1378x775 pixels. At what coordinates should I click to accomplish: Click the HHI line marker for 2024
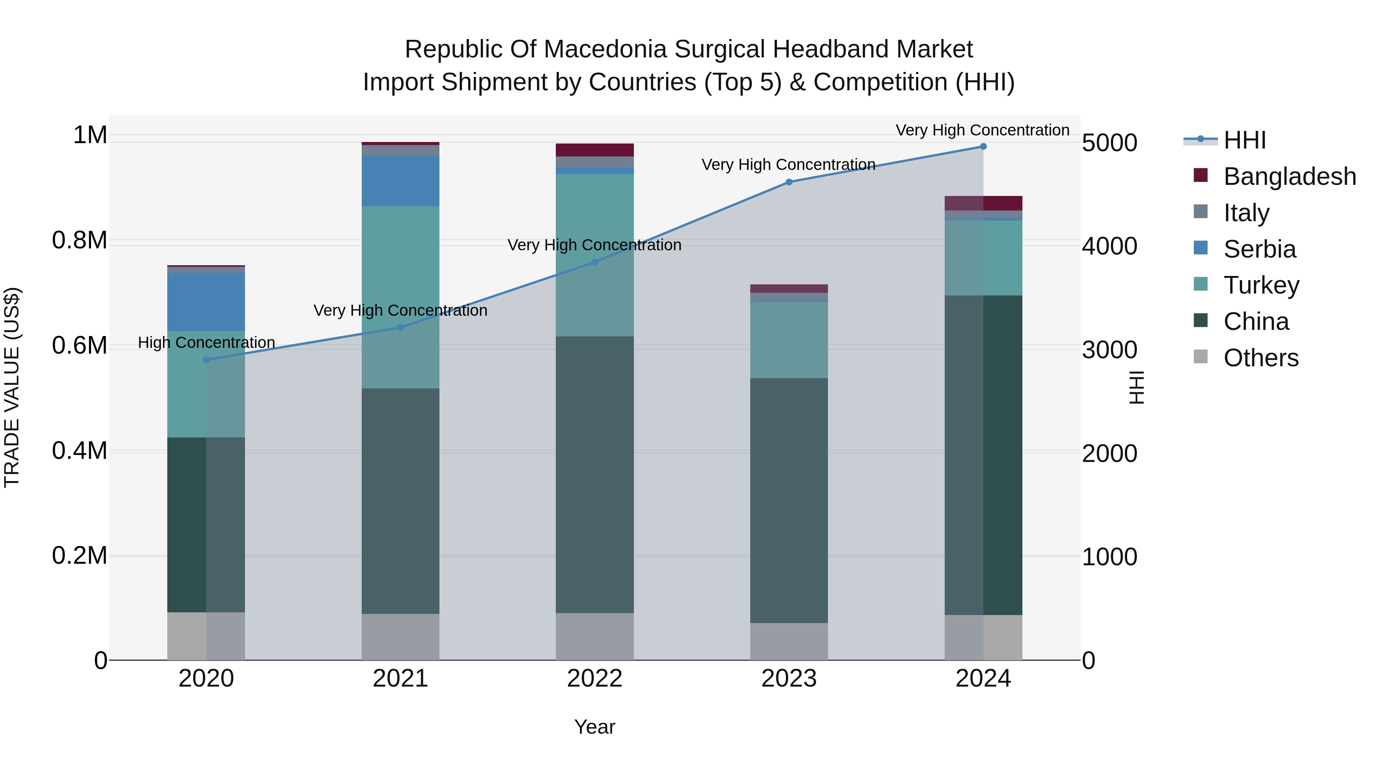pos(983,147)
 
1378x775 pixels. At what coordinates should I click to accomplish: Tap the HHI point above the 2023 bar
pos(789,182)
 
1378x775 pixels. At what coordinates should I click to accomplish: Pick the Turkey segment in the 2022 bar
pos(594,255)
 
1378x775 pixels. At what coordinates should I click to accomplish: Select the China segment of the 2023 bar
pos(789,500)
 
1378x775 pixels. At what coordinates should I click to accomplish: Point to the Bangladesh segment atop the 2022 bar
pos(594,150)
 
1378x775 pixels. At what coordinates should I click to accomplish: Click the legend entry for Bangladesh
pos(1289,176)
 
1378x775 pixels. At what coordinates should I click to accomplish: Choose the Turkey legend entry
pos(1261,285)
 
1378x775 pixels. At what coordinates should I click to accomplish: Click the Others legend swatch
pos(1200,357)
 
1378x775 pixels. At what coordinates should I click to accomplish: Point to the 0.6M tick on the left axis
pos(80,346)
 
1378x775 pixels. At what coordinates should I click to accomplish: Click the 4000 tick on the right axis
pos(1109,246)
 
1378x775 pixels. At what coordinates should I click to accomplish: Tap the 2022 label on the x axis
pos(594,679)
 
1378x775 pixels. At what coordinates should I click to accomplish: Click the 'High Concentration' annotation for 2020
pos(206,342)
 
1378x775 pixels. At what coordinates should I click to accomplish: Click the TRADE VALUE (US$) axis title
pos(12,387)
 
